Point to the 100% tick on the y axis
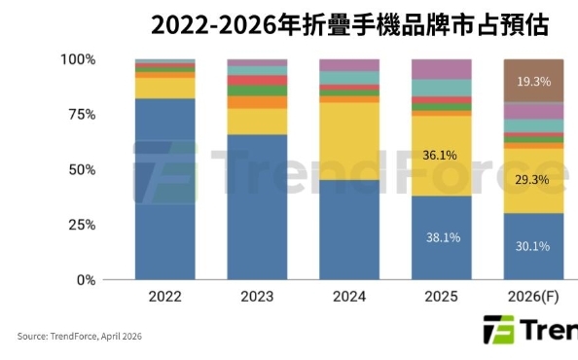[x=78, y=59]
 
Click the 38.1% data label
[x=442, y=236]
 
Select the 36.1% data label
[x=442, y=155]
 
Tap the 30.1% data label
[x=534, y=245]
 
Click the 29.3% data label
[x=534, y=180]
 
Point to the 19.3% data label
[x=534, y=82]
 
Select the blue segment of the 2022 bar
[x=164, y=190]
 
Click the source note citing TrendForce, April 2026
[x=81, y=337]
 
